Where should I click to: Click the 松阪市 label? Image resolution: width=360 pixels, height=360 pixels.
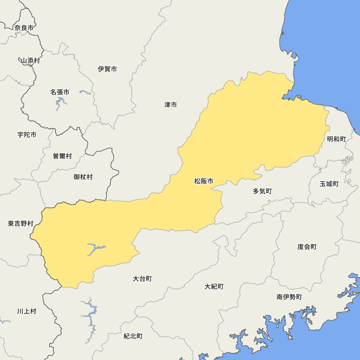[x=204, y=181]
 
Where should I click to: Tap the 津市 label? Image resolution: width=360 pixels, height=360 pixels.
[x=171, y=105]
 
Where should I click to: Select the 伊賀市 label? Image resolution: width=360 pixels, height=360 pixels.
[x=107, y=69]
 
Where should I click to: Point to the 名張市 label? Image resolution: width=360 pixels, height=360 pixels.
[x=60, y=92]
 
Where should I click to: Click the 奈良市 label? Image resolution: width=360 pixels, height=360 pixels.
[x=24, y=28]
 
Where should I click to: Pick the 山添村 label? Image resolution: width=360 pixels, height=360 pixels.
[x=30, y=60]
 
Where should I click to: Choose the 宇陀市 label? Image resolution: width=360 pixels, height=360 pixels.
[x=27, y=135]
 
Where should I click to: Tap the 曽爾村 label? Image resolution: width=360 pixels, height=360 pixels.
[x=62, y=156]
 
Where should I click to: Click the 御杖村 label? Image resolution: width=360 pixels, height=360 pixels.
[x=83, y=177]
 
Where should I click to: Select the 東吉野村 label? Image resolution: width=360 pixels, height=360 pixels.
[x=21, y=224]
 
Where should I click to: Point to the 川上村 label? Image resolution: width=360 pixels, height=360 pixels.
[x=27, y=311]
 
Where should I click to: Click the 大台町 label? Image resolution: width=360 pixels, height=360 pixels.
[x=142, y=279]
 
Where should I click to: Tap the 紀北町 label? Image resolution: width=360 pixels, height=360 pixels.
[x=133, y=336]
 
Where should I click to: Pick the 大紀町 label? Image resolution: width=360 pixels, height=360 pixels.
[x=214, y=287]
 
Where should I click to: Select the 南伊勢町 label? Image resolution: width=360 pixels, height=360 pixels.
[x=289, y=297]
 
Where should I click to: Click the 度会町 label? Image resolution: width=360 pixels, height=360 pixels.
[x=307, y=247]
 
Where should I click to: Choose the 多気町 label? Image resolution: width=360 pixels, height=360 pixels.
[x=262, y=191]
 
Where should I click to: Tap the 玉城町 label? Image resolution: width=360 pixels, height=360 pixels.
[x=329, y=184]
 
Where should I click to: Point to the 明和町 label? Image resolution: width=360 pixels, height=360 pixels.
[x=336, y=139]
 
